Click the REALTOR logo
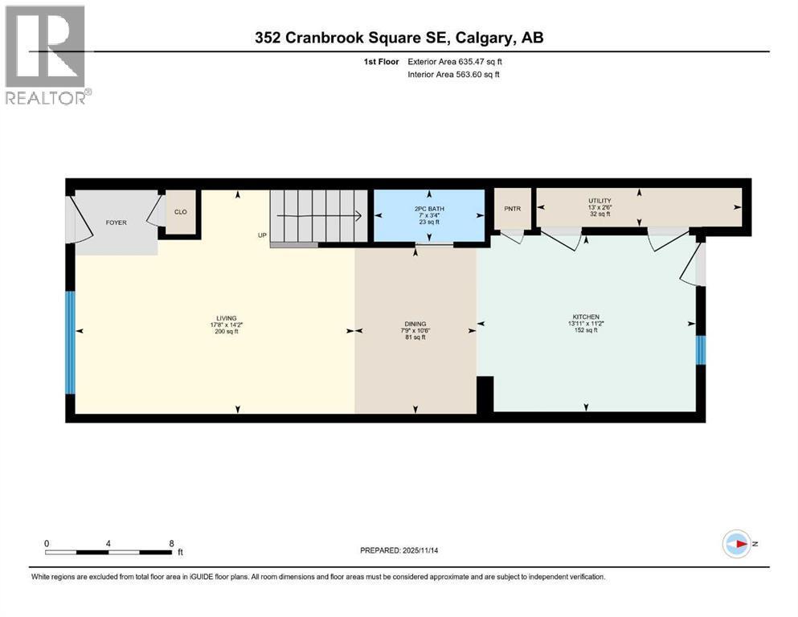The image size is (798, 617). pos(45,54)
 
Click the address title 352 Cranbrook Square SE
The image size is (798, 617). pos(399,38)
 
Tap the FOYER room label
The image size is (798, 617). pos(117,223)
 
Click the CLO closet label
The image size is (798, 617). pos(181,213)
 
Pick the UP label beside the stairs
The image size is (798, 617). pos(262,235)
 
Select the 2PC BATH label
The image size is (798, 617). pos(429,207)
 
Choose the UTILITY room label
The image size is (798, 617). pos(600,201)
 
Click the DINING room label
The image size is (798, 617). pos(415,324)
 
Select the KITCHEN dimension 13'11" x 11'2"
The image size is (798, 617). pos(587,324)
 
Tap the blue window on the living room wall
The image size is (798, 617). pos(70,341)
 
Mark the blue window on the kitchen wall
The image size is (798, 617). pos(700,349)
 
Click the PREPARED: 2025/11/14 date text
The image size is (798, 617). pos(399,550)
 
